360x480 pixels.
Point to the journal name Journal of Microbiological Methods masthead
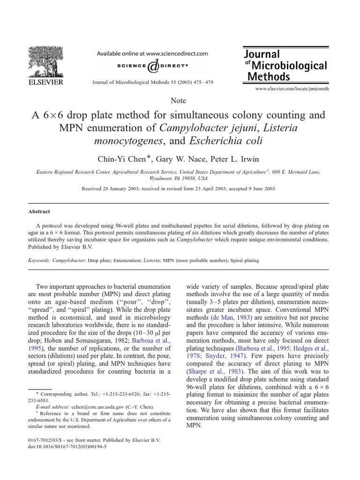[285, 66]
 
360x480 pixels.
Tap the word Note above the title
[179, 101]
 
